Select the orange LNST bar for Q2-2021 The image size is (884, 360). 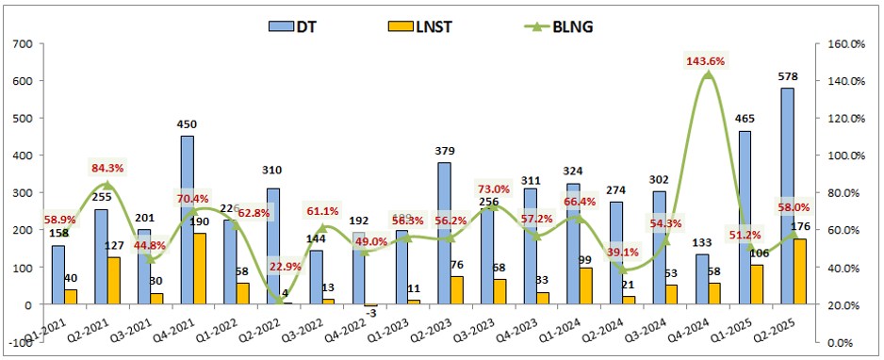point(113,281)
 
